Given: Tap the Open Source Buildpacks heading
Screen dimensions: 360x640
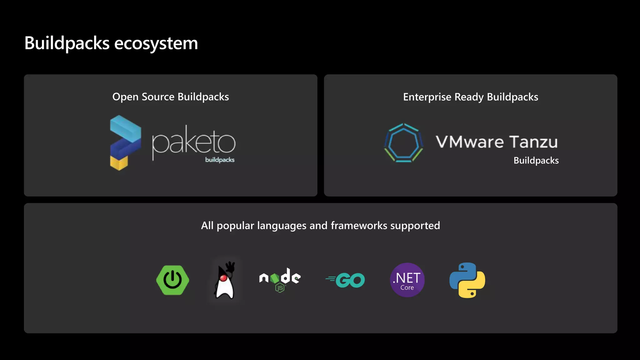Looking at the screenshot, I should tap(171, 97).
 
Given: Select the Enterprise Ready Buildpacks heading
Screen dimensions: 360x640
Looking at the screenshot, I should tap(471, 97).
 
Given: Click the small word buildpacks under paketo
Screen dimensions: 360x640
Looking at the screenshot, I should tap(220, 160).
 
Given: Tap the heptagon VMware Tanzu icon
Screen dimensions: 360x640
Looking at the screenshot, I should tap(403, 143).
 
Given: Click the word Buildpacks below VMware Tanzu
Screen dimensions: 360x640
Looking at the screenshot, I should tap(536, 161).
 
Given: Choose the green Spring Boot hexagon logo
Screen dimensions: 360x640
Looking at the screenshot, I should tap(172, 280).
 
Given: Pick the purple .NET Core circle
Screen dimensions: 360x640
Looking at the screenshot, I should tap(407, 280).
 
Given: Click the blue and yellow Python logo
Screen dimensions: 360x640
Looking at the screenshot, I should tap(467, 280).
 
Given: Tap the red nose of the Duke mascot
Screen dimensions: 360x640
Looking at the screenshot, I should tap(223, 277).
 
